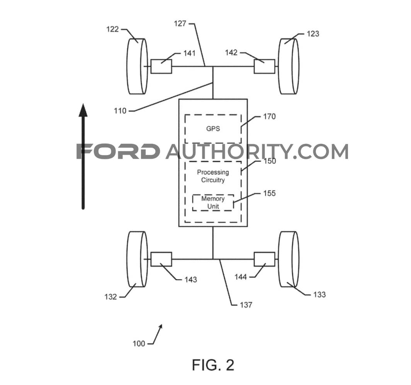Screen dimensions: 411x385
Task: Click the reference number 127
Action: click(180, 24)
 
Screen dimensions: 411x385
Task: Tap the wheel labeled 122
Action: click(137, 66)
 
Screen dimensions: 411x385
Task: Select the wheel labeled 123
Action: click(289, 66)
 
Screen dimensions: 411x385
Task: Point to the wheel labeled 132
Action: click(137, 259)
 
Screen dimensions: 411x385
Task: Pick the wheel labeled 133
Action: click(289, 259)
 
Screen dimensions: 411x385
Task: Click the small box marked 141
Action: click(161, 66)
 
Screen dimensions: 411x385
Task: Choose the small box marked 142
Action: click(265, 66)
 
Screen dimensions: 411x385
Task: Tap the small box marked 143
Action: click(161, 259)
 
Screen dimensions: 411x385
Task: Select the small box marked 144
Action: click(265, 259)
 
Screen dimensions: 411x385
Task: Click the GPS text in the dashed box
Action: click(213, 129)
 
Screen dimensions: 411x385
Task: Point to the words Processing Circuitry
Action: click(213, 176)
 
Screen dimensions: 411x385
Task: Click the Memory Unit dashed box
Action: click(213, 203)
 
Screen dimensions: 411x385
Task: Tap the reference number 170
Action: click(269, 116)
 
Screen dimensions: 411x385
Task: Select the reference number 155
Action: click(269, 193)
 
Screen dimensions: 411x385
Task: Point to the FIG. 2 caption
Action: click(213, 365)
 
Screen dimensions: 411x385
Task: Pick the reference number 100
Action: click(139, 344)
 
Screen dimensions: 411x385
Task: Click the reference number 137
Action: click(246, 305)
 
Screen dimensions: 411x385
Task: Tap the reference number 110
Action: click(120, 111)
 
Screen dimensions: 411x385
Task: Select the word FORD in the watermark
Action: click(118, 151)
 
